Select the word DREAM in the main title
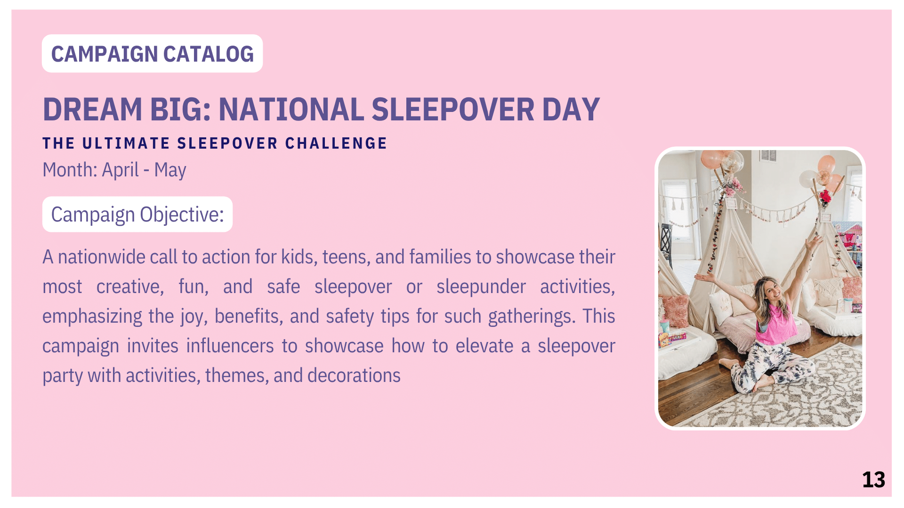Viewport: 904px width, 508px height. click(92, 110)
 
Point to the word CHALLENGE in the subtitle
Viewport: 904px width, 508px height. click(336, 143)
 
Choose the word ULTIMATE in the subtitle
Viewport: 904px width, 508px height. click(126, 143)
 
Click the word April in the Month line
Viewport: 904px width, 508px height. click(120, 170)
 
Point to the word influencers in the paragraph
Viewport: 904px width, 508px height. click(230, 346)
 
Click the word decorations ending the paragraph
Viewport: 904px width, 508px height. click(354, 375)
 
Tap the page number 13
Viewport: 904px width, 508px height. click(873, 480)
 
